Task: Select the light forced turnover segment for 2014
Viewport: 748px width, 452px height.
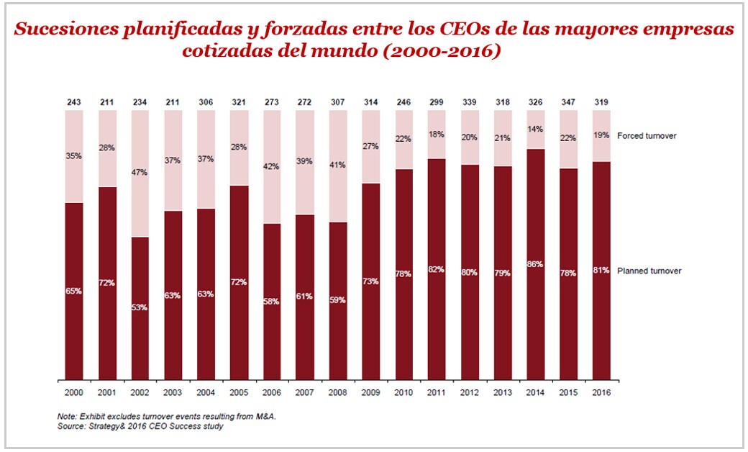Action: pos(535,130)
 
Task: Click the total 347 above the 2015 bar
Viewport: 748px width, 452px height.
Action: pos(568,101)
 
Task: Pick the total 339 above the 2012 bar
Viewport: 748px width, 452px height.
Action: pos(469,101)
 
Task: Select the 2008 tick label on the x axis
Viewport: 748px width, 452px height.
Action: pos(337,392)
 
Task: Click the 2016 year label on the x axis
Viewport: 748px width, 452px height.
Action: pos(601,392)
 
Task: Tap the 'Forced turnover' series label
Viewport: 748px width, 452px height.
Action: pos(647,135)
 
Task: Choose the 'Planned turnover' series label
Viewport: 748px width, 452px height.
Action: pos(649,271)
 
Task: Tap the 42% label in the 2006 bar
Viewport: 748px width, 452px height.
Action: pos(271,166)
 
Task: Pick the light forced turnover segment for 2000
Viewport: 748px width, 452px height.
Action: pos(73,156)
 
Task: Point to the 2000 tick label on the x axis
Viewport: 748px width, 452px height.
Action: pos(73,392)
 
